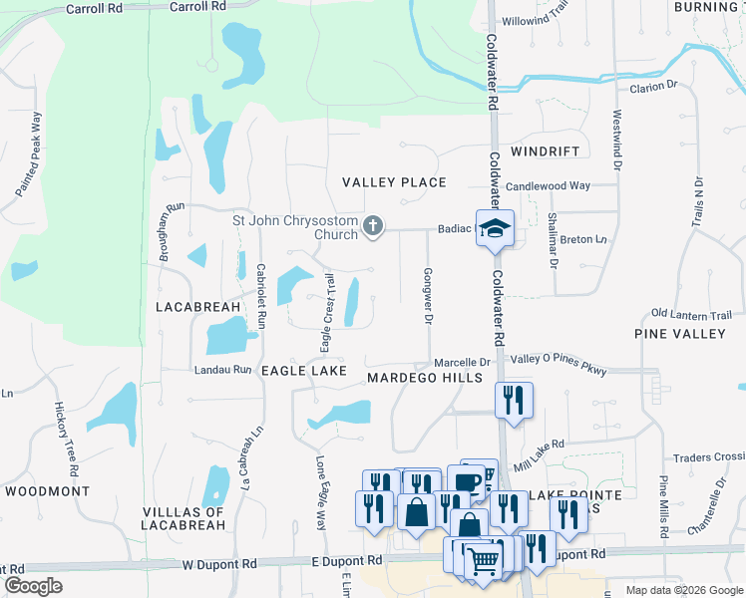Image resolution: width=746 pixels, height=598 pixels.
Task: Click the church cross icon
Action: (373, 226)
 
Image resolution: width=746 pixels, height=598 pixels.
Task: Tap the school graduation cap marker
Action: (494, 228)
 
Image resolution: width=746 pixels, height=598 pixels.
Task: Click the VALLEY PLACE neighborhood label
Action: (394, 182)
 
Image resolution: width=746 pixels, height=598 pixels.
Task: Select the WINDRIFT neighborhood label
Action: (545, 151)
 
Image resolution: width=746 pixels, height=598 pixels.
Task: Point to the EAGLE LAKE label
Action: (304, 370)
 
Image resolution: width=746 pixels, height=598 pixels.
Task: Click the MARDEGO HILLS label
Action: (424, 378)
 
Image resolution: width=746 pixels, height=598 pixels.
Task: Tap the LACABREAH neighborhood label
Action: (198, 307)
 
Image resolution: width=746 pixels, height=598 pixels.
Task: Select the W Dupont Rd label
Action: (220, 564)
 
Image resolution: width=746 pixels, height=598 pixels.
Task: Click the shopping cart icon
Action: (483, 561)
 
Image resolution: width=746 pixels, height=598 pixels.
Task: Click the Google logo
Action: (33, 586)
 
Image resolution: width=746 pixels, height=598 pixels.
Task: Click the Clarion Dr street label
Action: (652, 88)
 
